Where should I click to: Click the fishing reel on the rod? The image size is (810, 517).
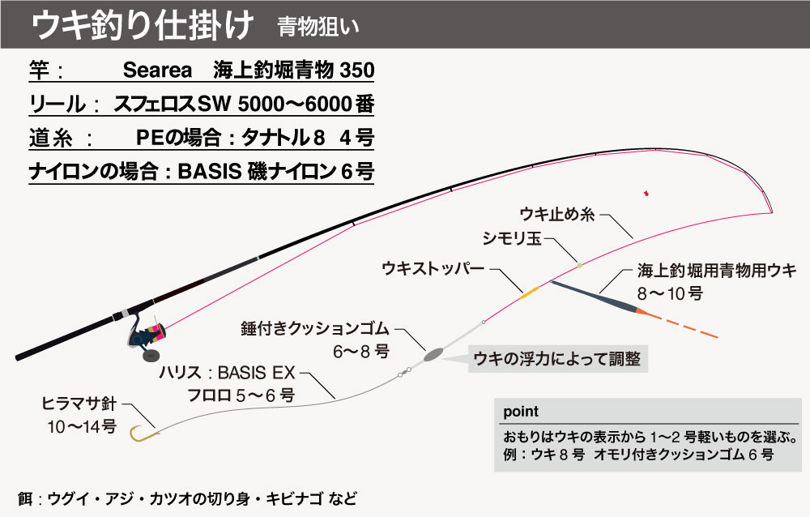pos(146,336)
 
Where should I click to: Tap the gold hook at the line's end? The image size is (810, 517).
pos(140,435)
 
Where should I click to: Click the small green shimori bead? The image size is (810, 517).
pos(580,265)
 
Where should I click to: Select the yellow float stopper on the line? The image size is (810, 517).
pos(530,293)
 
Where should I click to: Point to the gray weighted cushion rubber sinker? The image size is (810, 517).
pos(433,354)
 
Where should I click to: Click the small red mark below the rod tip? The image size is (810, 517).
pos(646,194)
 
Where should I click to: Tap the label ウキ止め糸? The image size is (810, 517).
pos(557,214)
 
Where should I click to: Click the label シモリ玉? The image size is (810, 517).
pos(511,238)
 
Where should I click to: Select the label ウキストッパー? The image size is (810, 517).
pos(433,268)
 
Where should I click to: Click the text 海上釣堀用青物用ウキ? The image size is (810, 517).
pos(717,271)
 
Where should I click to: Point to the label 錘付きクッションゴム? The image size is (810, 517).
pos(315,328)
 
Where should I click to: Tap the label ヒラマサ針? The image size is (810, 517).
pos(79,404)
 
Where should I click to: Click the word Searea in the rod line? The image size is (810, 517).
pos(157,70)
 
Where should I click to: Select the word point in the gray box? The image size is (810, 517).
pos(521,412)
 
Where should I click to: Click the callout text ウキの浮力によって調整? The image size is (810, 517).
pos(556,359)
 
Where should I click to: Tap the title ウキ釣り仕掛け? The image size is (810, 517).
pos(143,25)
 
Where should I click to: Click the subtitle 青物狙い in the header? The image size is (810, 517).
pos(318,28)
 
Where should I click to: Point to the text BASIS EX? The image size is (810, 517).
pos(256,373)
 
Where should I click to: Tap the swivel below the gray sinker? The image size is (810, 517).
pos(404,372)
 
